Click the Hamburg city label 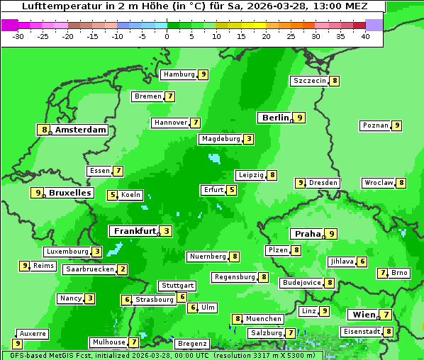coord(179,74)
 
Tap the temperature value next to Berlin coord(300,118)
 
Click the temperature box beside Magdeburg coord(248,139)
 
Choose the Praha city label coord(308,234)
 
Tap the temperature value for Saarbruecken coord(123,269)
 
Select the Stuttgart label coord(177,286)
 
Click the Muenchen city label coord(264,319)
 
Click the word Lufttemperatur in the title coord(55,6)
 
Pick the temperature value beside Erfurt coord(231,190)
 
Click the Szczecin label coord(310,81)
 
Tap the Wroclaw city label coord(379,183)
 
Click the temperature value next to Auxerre coord(17,344)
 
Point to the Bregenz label coord(192,344)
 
